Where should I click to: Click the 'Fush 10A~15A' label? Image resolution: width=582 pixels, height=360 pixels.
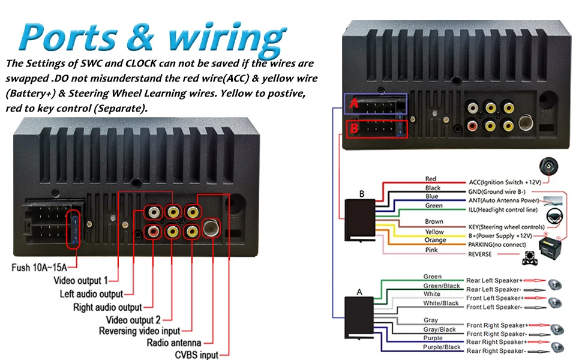click(x=40, y=267)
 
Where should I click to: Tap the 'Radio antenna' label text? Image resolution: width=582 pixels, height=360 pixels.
click(x=174, y=343)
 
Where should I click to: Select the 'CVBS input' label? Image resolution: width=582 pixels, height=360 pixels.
click(x=196, y=355)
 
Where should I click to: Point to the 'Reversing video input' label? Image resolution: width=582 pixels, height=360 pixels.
click(x=139, y=331)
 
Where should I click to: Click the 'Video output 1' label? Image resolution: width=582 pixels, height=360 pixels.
click(x=80, y=280)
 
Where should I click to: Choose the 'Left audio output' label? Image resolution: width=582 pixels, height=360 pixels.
click(x=91, y=294)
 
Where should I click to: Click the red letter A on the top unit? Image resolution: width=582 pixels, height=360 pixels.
click(x=354, y=103)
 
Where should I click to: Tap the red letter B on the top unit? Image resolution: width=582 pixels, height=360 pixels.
click(x=354, y=128)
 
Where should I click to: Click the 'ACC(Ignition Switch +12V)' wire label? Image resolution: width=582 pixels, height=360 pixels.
click(x=505, y=182)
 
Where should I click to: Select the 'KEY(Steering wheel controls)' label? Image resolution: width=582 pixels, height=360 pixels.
click(x=506, y=227)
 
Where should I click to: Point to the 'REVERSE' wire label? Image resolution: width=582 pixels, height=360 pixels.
click(x=479, y=254)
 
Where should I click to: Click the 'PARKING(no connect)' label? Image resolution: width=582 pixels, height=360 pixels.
click(x=497, y=245)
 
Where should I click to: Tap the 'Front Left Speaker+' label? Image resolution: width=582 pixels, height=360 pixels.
click(x=494, y=298)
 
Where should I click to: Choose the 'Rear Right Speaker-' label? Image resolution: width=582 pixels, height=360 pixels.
click(x=496, y=351)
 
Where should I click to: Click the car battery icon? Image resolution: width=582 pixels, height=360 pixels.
click(x=550, y=248)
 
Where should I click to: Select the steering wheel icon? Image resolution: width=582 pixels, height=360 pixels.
click(x=554, y=216)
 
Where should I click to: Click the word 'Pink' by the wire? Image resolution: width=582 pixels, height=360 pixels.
click(x=431, y=250)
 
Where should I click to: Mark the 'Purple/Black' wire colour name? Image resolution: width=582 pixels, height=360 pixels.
click(x=442, y=347)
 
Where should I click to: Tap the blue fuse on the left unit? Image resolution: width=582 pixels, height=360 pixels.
click(x=74, y=230)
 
